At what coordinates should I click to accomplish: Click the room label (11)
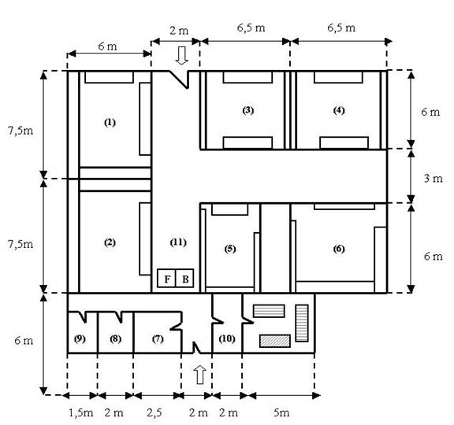(178, 242)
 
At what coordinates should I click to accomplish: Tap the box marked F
(166, 279)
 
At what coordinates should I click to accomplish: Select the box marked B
(184, 279)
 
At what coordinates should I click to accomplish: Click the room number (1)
(110, 123)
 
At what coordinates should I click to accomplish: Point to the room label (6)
(339, 249)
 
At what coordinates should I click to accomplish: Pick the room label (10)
(227, 338)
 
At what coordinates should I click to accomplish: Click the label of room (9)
(80, 338)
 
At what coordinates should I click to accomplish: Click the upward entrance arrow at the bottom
(199, 375)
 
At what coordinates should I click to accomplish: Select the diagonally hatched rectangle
(275, 341)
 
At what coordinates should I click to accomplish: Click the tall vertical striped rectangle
(302, 323)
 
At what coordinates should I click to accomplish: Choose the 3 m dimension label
(434, 179)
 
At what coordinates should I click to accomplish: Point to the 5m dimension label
(281, 412)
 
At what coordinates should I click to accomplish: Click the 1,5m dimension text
(80, 413)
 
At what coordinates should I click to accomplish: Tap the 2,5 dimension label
(154, 413)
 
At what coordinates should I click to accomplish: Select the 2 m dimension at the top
(179, 31)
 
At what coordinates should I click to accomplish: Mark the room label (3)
(247, 110)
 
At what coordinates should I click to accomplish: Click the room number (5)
(230, 249)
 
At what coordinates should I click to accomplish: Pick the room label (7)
(158, 338)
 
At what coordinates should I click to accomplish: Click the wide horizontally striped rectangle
(269, 311)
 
